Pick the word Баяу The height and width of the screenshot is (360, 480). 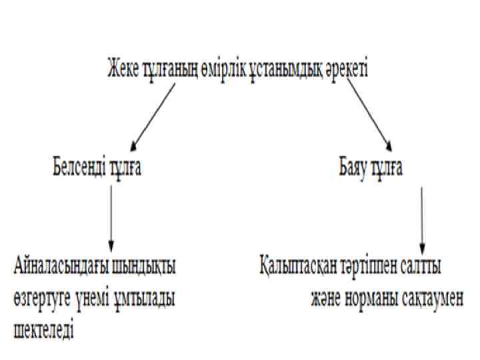(x=354, y=167)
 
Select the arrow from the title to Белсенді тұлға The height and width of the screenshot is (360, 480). (x=153, y=116)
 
